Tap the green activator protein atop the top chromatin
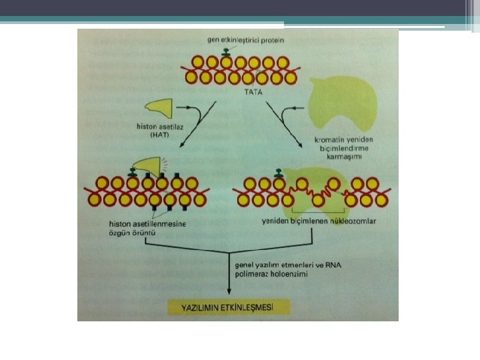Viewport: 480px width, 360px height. pyautogui.click(x=227, y=51)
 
